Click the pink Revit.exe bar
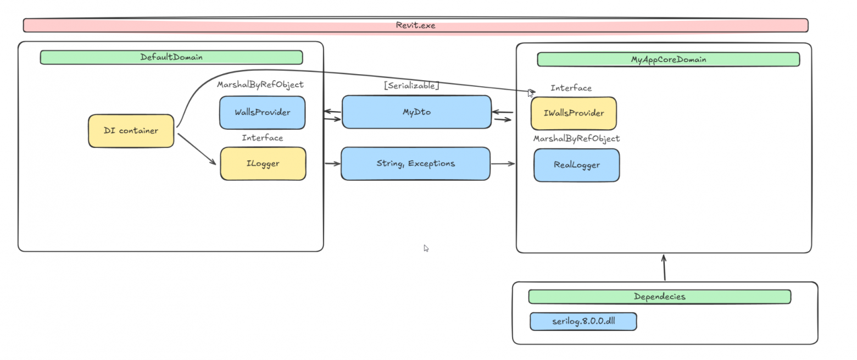pos(415,25)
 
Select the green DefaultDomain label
pos(171,57)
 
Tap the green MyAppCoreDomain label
pos(668,59)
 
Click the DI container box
pos(131,131)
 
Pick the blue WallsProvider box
pos(262,113)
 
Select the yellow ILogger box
pos(263,164)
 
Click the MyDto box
pos(416,112)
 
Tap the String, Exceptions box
pos(415,163)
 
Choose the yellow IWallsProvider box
pos(573,113)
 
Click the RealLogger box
pos(576,165)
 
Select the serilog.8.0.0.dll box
pos(583,322)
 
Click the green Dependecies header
pos(659,297)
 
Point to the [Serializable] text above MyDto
pos(411,86)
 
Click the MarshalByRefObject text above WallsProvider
pos(260,85)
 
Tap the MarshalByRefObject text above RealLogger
pos(576,139)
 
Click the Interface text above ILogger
pos(262,138)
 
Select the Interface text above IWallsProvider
pos(571,88)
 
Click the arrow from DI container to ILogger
pos(196,148)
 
